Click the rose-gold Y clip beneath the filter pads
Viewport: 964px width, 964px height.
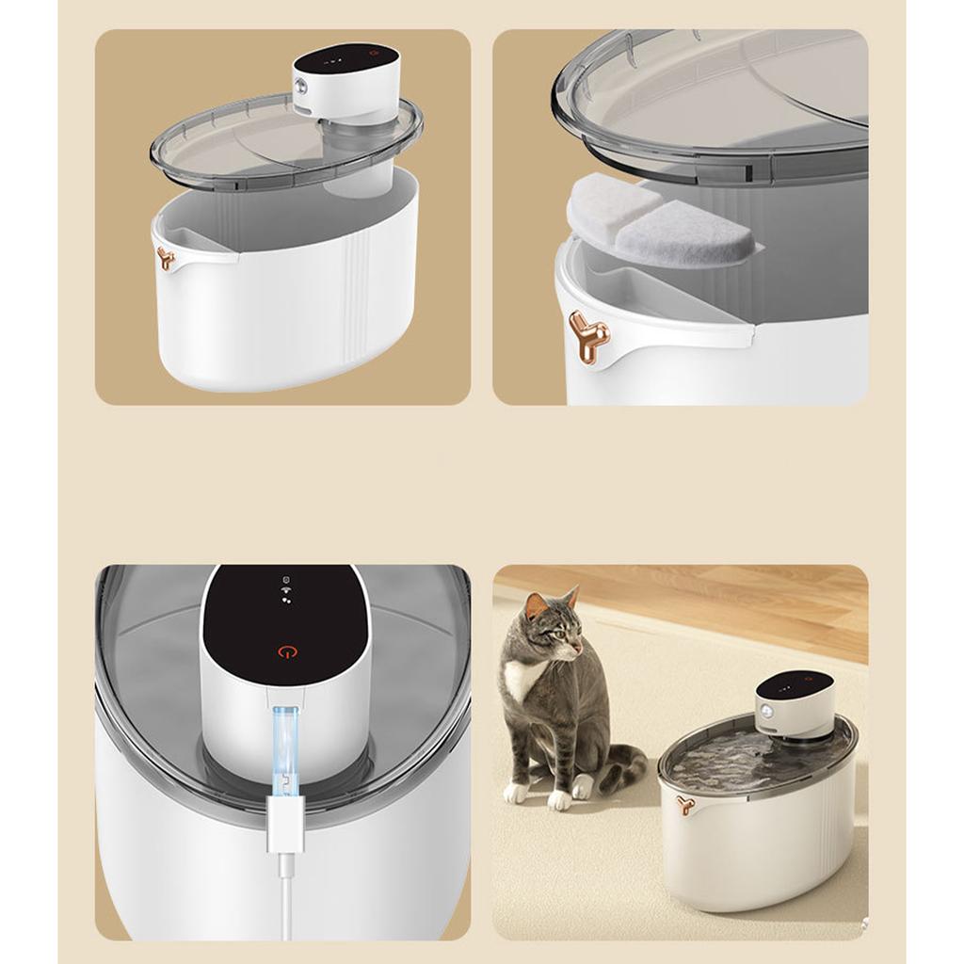[x=589, y=335]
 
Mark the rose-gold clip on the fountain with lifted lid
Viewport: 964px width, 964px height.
[x=166, y=258]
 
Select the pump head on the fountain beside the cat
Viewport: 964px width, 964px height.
[x=796, y=701]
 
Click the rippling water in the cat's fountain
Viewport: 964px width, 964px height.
[x=734, y=758]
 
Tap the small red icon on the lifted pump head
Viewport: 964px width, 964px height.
[x=374, y=55]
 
